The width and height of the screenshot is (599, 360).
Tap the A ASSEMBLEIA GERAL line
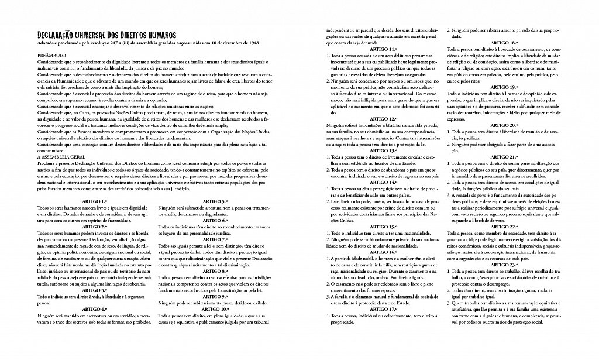[x=61, y=157]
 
